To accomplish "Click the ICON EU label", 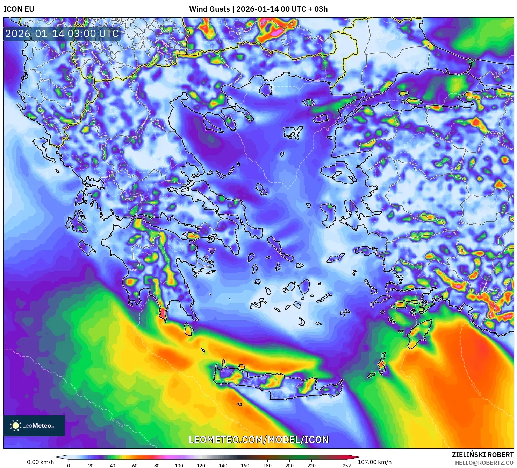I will click(x=19, y=9).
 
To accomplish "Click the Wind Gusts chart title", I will click(x=258, y=9).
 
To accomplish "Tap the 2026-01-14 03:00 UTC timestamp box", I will click(x=62, y=34).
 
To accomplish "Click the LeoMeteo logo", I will click(x=34, y=426).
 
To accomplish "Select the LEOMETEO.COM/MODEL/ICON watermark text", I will click(x=259, y=440).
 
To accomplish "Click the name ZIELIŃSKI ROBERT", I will click(x=483, y=455).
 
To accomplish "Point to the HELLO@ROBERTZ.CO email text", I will click(x=484, y=462).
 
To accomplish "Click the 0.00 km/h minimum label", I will click(x=41, y=462).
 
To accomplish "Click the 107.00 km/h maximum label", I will click(x=374, y=462).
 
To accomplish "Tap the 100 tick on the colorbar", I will click(x=179, y=466).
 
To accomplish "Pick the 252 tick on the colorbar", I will click(x=346, y=466).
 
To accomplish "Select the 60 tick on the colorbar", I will click(x=135, y=466).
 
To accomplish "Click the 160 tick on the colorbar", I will click(x=245, y=466).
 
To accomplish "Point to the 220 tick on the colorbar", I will click(x=311, y=466).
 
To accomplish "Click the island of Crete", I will click(x=276, y=385).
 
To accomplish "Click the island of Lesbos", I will click(x=339, y=174).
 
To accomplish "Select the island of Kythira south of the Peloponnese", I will click(x=188, y=329).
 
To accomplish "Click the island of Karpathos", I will click(x=381, y=364).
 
